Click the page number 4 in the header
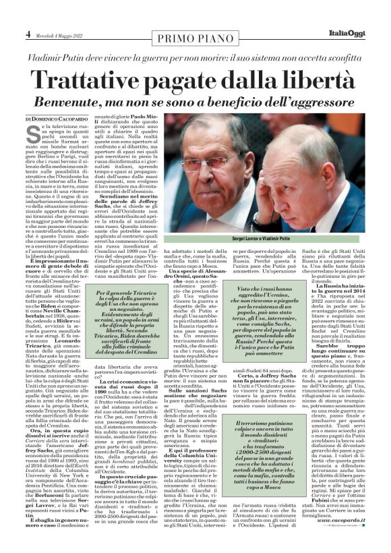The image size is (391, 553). point(28,33)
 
